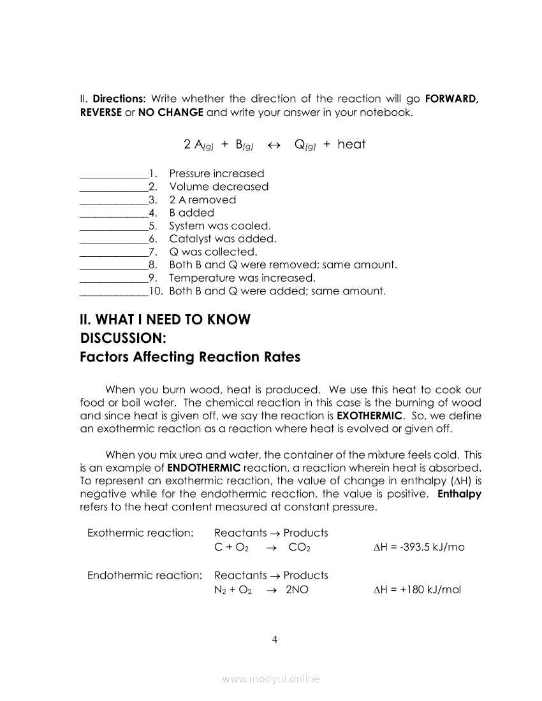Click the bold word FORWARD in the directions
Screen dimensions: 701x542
point(451,99)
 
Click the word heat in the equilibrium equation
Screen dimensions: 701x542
point(351,144)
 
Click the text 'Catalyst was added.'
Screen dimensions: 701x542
point(223,239)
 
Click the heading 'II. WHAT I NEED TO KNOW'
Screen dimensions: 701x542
point(165,319)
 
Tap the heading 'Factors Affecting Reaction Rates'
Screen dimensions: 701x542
point(190,357)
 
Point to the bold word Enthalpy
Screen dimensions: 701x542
point(459,495)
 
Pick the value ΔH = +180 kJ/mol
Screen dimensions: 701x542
point(416,590)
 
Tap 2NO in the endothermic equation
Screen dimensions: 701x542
point(297,590)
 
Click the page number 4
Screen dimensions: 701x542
point(274,640)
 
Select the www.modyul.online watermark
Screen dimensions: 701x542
point(271,679)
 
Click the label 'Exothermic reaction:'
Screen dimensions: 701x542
point(140,533)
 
